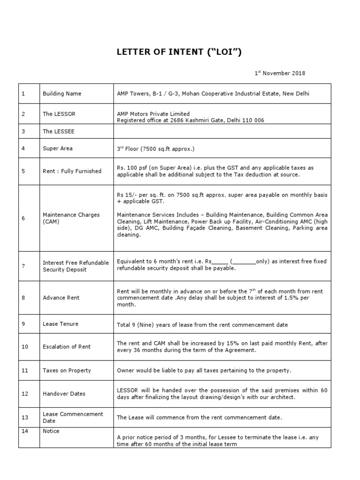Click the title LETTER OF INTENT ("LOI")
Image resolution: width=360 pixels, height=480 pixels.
pos(179,52)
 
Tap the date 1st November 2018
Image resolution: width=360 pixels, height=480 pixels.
pos(280,73)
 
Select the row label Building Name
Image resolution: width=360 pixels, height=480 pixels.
pos(62,94)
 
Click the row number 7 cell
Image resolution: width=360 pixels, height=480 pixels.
pos(23,266)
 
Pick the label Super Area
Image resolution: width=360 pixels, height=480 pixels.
pos(58,149)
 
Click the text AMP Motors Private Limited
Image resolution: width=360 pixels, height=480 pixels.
pos(153,114)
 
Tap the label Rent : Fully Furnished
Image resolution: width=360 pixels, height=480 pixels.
pos(72,171)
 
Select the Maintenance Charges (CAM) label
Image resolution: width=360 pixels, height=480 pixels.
pos(71,218)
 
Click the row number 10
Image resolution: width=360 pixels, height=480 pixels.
pos(25,347)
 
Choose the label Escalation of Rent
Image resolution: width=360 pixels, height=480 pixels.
pos(67,347)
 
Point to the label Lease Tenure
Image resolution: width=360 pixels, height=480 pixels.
pos(60,324)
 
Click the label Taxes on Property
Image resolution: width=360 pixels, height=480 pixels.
pos(67,370)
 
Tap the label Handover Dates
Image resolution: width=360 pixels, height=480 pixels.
pos(64,394)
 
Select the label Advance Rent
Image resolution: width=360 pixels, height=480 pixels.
pos(61,298)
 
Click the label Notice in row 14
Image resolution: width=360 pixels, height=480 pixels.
pos(51,431)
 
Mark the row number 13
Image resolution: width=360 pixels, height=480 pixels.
pos(25,417)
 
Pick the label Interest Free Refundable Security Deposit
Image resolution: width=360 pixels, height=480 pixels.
pos(75,266)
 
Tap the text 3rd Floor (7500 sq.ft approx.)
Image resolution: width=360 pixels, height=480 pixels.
pos(155,149)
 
